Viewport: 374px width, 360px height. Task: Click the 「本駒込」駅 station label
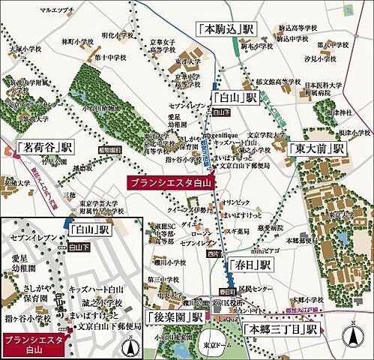point(227,29)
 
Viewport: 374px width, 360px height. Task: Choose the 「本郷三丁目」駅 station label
point(283,329)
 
